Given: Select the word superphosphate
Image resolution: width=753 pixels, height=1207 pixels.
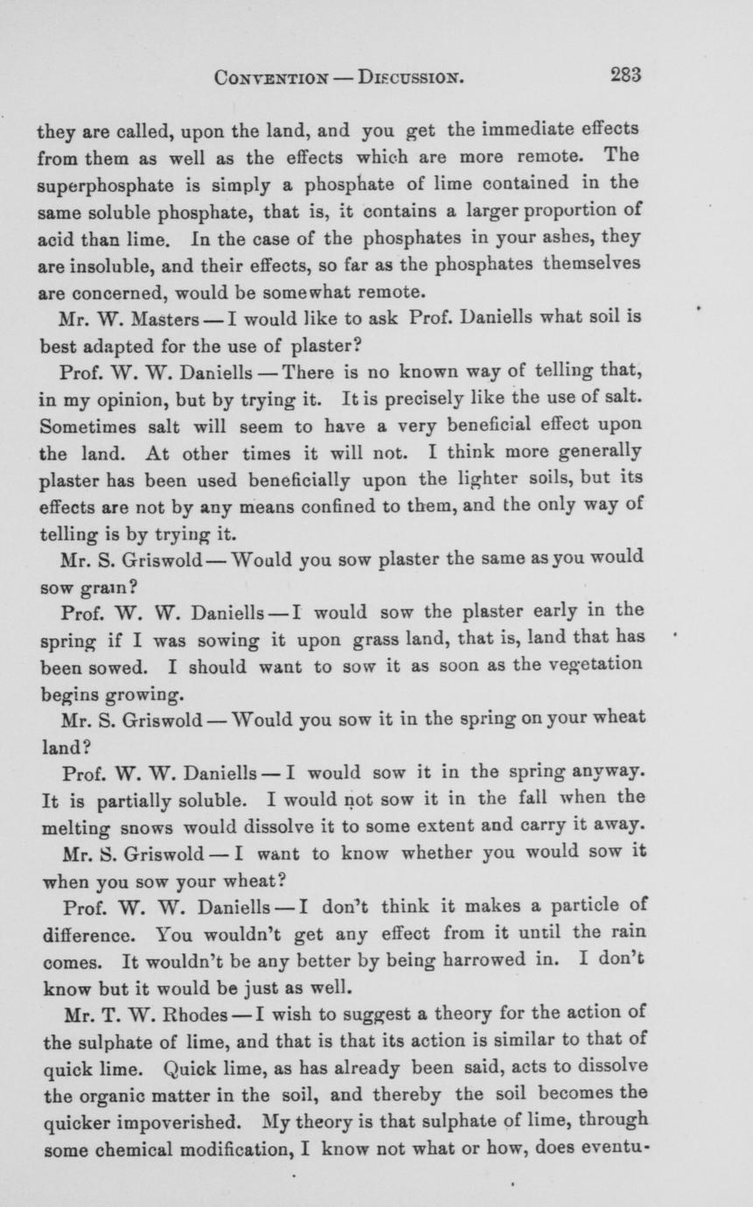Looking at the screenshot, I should click(101, 184).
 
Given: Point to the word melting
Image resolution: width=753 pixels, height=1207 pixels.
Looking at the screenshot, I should click(75, 824).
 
